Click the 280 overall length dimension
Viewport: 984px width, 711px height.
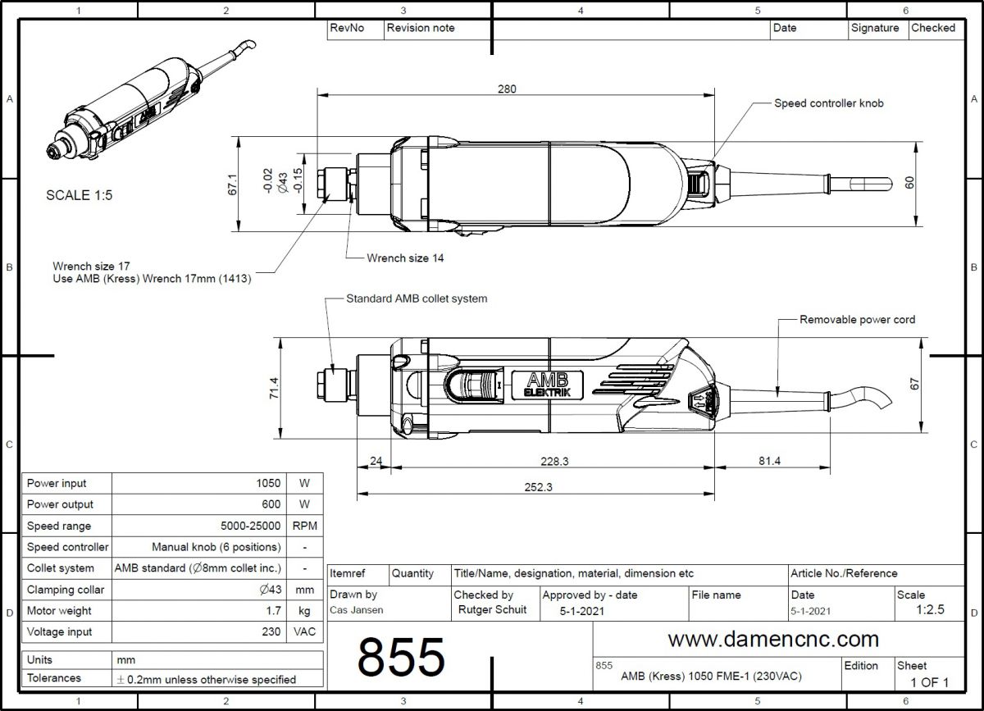click(507, 89)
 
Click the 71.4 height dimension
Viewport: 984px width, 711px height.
click(274, 388)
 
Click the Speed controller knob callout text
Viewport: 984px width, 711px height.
click(829, 104)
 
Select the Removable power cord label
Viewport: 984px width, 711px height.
click(857, 319)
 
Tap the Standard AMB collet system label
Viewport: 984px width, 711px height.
click(417, 299)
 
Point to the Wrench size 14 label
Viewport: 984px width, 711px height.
click(405, 258)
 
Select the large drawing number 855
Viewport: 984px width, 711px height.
click(401, 657)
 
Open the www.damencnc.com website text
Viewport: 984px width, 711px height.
click(772, 639)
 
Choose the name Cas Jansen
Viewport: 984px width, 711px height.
click(356, 610)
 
